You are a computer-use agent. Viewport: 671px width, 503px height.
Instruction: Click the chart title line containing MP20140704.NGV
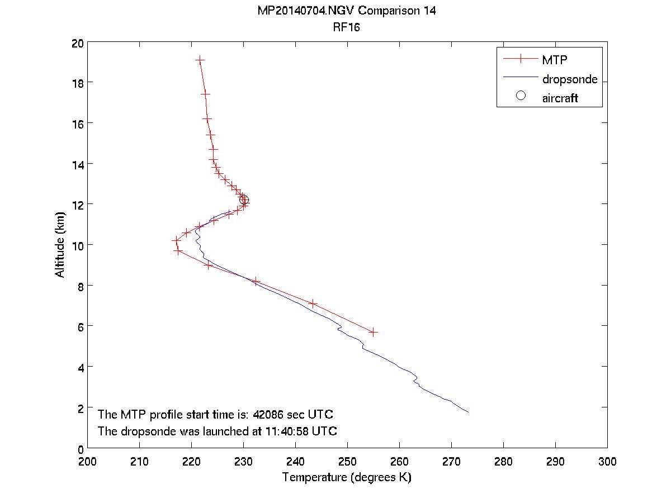tap(347, 11)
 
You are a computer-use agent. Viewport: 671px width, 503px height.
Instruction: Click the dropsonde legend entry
tap(569, 79)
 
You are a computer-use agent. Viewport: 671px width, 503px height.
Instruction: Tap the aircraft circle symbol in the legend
tap(521, 96)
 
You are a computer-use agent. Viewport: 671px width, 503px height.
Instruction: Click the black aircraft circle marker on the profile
tap(244, 200)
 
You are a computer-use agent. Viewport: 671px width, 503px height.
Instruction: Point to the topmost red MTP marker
tap(200, 59)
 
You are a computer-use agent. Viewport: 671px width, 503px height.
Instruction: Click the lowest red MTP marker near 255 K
tap(374, 332)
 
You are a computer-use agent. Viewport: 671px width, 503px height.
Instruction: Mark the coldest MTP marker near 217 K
tap(176, 240)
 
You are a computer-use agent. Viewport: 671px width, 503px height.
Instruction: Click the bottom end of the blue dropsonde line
tap(468, 412)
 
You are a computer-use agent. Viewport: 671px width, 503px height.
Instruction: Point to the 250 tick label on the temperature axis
tap(347, 461)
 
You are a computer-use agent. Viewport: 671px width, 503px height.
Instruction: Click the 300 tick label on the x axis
tap(607, 461)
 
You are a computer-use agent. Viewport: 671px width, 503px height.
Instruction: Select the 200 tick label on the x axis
tap(88, 461)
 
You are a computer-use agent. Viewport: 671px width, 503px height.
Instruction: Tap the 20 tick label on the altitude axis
tap(77, 42)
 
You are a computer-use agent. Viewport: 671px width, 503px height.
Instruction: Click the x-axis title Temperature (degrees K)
tap(347, 477)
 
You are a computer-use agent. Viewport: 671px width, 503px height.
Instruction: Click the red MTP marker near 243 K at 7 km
tap(313, 303)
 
